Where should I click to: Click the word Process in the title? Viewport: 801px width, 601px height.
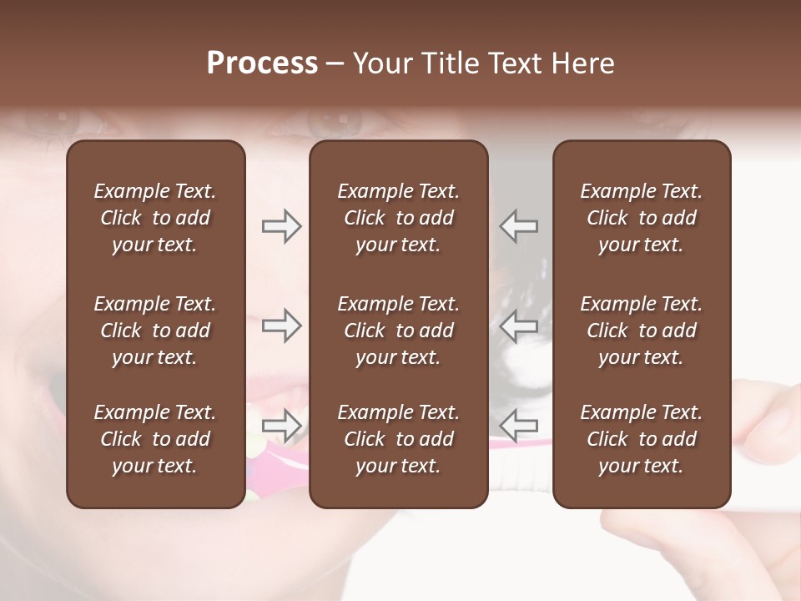(x=262, y=63)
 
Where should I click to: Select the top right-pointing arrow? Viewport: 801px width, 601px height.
(x=281, y=226)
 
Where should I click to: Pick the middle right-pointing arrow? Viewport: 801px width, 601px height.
(x=281, y=326)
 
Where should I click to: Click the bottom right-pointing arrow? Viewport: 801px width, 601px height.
(x=281, y=426)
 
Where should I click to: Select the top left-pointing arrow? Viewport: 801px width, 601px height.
(x=519, y=226)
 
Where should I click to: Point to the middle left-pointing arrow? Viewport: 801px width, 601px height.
(x=519, y=326)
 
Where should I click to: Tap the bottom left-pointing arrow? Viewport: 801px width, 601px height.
(x=519, y=426)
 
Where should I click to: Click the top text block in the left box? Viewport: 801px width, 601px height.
(x=155, y=218)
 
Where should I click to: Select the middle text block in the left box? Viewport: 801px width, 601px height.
(x=155, y=331)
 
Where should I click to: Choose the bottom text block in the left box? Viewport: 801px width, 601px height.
(x=155, y=439)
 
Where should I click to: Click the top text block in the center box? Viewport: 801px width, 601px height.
(x=399, y=218)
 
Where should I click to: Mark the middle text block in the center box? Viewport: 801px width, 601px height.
(x=399, y=331)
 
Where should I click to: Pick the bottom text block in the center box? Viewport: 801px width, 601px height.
(x=399, y=439)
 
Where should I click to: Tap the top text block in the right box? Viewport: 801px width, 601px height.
(x=642, y=218)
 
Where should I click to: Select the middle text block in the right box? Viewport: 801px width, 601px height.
(x=642, y=331)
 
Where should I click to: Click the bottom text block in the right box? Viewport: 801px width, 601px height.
(x=642, y=439)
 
